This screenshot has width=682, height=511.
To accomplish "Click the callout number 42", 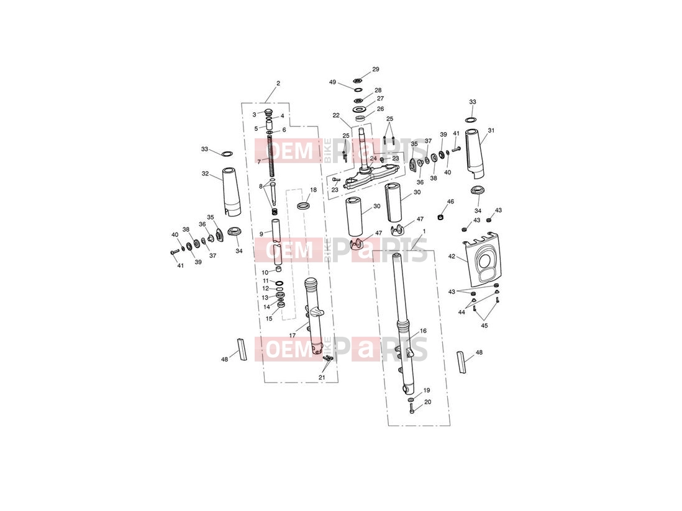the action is click(452, 257).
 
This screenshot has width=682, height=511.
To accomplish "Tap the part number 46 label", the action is click(450, 202).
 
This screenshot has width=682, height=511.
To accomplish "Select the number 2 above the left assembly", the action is click(278, 83).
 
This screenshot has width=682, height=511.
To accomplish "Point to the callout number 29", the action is click(376, 69).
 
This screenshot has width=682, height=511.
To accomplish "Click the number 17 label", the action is click(293, 335).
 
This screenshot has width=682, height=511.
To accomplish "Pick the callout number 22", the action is click(336, 115).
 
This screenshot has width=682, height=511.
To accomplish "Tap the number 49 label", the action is click(333, 82).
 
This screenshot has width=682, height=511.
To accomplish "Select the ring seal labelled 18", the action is click(304, 205).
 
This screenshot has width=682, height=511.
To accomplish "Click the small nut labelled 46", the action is click(440, 216).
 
